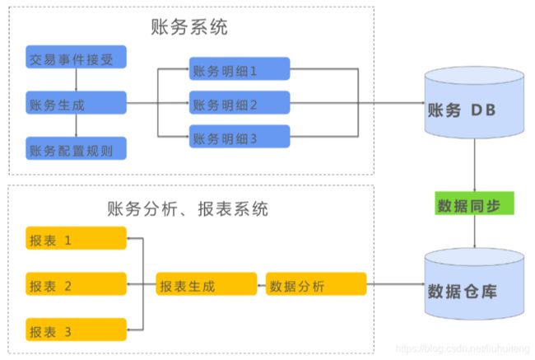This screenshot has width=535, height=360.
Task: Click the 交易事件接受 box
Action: tap(76, 57)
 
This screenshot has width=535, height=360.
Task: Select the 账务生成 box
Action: tap(76, 102)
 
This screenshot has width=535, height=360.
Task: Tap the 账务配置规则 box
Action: tap(76, 148)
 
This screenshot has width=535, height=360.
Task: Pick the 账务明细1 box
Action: tap(240, 68)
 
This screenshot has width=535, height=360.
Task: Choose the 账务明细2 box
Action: tap(240, 102)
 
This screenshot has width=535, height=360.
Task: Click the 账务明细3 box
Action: tap(240, 136)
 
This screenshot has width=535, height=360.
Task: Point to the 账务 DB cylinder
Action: tap(474, 102)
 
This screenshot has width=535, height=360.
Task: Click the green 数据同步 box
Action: tap(474, 203)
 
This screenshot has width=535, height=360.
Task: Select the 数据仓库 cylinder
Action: tap(474, 284)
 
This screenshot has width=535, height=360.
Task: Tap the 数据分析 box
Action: tap(316, 284)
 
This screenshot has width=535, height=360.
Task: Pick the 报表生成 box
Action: tap(207, 284)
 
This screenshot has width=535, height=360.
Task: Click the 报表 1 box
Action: tap(76, 238)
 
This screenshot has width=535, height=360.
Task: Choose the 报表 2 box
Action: tap(76, 284)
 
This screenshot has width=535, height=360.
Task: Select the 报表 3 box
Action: tap(76, 330)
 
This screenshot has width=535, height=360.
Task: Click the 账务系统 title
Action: tap(189, 27)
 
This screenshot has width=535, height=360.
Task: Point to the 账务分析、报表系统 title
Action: tap(188, 208)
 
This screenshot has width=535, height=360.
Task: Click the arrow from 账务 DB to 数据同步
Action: tap(475, 165)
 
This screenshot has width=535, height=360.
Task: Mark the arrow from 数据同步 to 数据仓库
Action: tap(475, 231)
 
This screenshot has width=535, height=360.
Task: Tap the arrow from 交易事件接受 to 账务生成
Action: tap(76, 80)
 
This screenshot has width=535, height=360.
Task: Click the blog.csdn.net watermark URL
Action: tap(463, 348)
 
